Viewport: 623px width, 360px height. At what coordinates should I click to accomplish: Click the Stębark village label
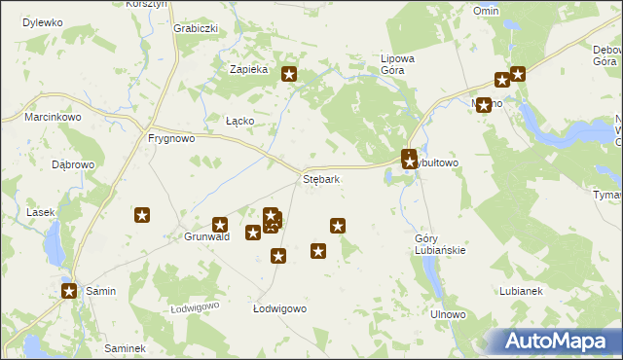[320, 180]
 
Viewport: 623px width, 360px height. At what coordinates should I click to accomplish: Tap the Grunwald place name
[206, 236]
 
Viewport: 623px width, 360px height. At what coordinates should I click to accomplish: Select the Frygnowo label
[171, 138]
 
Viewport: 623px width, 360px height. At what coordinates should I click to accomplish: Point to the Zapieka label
[247, 70]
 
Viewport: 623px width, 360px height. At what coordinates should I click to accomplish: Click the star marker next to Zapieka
[289, 73]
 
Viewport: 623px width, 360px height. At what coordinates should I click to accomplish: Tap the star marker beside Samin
[69, 290]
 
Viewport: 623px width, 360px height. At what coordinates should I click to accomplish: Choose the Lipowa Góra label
[397, 64]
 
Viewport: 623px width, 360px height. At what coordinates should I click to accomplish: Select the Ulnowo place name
[449, 315]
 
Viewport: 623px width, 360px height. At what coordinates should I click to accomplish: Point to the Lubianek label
[520, 291]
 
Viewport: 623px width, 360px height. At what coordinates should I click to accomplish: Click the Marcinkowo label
[54, 118]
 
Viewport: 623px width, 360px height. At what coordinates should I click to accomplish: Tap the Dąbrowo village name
[73, 164]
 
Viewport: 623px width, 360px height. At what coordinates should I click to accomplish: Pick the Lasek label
[41, 212]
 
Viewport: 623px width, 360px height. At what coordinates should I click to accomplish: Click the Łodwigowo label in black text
[280, 308]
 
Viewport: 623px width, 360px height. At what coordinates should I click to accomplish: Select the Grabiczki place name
[195, 28]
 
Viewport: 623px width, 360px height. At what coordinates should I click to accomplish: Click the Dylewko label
[42, 21]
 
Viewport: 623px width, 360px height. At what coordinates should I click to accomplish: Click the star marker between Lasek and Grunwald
[142, 215]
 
